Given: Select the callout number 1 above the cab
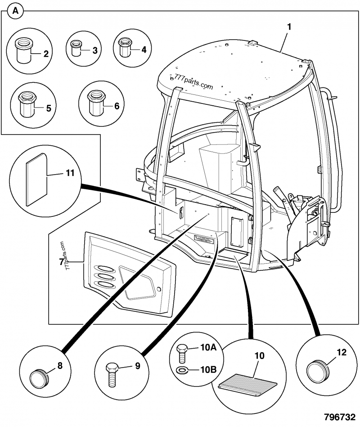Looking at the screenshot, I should [289, 27].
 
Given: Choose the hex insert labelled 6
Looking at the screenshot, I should [95, 104].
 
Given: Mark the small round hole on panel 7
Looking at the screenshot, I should [158, 288].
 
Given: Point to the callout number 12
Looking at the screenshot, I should [341, 353].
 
